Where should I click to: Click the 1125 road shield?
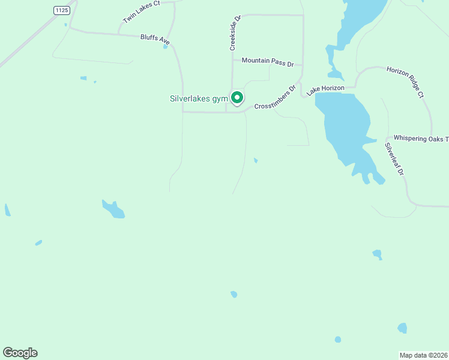pos(61,10)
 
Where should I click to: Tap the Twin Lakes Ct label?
pos(142,12)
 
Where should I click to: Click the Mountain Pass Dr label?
pos(267,61)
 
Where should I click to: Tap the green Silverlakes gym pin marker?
pos(237,97)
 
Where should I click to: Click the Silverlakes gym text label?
pos(199,98)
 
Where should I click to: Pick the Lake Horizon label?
pos(325,90)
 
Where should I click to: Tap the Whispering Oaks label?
pos(420,139)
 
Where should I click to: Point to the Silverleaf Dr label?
pos(395,159)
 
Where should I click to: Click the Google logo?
pos(20,353)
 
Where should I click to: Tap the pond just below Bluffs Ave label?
pos(165,46)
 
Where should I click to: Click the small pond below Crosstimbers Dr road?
pos(256,160)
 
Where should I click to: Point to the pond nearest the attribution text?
pos(402,328)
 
